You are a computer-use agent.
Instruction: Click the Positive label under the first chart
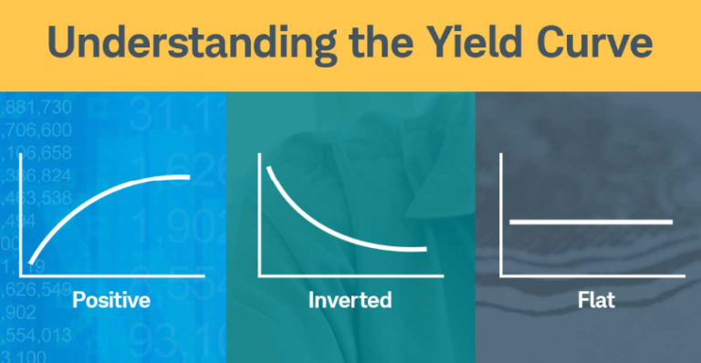click(x=110, y=299)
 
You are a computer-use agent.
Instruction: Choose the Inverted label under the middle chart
click(x=350, y=299)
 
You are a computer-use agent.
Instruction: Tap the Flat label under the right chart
click(x=591, y=299)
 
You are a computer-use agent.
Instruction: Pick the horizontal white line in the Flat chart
click(x=591, y=222)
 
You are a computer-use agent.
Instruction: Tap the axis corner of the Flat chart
click(x=501, y=275)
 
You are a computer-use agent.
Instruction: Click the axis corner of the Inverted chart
click(x=261, y=275)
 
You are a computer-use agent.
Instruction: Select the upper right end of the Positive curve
click(x=188, y=176)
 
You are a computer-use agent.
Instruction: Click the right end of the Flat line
click(x=671, y=222)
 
